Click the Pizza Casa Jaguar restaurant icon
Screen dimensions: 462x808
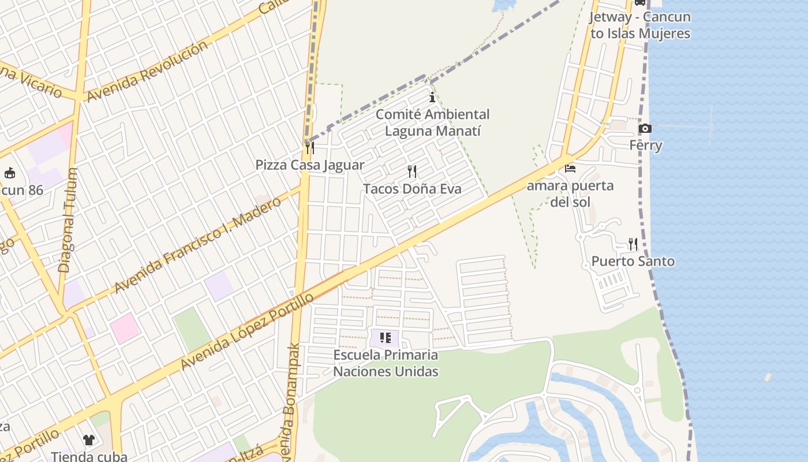[310, 148]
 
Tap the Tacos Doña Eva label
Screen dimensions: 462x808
[412, 189]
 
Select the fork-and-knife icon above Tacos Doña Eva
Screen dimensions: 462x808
[412, 171]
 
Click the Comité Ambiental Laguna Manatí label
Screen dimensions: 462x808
[432, 122]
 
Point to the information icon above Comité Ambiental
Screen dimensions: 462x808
[432, 97]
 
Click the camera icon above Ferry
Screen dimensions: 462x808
[645, 128]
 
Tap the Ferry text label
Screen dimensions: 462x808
[645, 146]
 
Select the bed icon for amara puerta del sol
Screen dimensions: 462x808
[570, 169]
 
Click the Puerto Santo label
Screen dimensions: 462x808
[633, 262]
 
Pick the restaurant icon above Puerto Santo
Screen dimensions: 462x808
[633, 244]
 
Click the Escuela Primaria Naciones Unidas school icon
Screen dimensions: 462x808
[386, 338]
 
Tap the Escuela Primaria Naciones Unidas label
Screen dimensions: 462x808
[386, 363]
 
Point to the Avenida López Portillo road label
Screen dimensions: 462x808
[247, 331]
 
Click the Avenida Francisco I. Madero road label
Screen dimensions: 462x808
[198, 244]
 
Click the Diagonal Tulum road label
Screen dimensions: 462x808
[68, 220]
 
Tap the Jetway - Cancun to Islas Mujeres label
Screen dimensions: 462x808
[640, 25]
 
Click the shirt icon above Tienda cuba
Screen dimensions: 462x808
[88, 440]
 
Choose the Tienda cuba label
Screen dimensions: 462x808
[89, 456]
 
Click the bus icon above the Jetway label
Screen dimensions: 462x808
[639, 2]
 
